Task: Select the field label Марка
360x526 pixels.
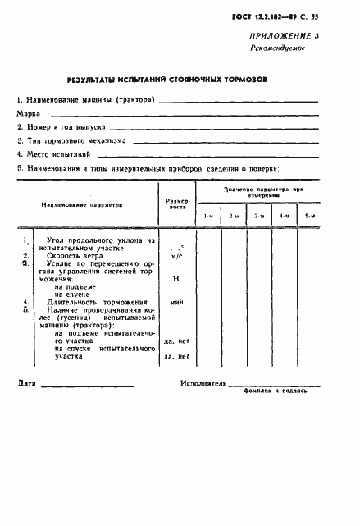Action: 30,113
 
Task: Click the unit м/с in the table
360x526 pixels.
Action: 176,256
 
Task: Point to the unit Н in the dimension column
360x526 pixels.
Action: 176,278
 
